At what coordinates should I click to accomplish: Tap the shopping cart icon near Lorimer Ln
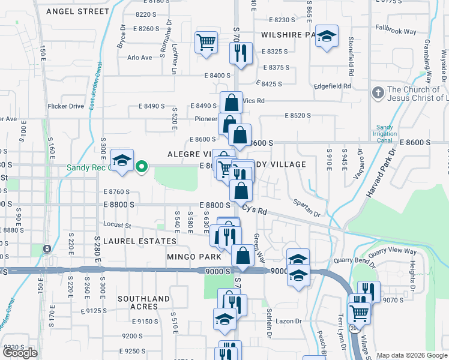(x=206, y=43)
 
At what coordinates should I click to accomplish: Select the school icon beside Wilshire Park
(x=327, y=36)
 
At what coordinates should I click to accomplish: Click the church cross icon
(x=378, y=93)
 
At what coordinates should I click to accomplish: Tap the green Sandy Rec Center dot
(x=142, y=166)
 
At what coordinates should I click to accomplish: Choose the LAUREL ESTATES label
(x=140, y=241)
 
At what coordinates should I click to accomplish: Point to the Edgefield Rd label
(x=331, y=86)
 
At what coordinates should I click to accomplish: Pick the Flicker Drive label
(x=66, y=106)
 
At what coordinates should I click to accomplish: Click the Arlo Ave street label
(x=139, y=58)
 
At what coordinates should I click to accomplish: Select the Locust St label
(x=118, y=226)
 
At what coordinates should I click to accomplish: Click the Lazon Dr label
(x=289, y=321)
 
